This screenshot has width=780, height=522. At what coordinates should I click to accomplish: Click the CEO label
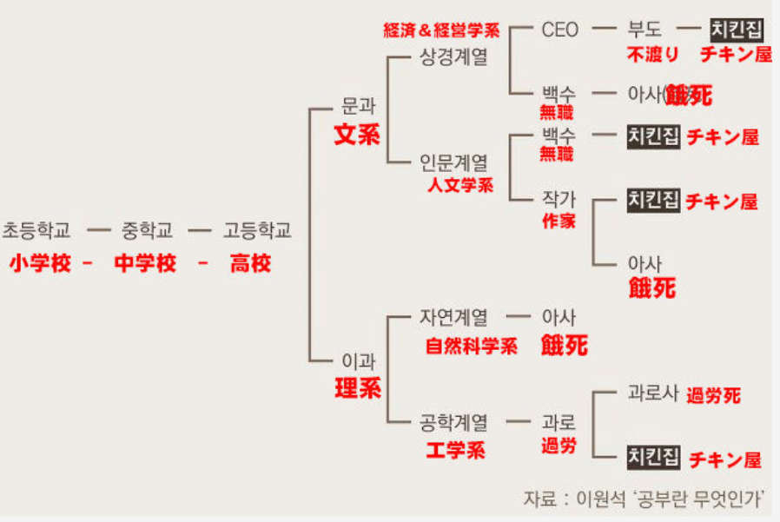coord(559,30)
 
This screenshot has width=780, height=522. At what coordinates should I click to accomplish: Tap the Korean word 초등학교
coord(36,230)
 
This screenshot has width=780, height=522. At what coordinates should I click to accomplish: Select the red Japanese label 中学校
coord(145,263)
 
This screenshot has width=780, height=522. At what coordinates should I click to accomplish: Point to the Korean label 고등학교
coord(257,230)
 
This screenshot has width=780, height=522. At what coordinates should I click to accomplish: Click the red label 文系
coord(357,135)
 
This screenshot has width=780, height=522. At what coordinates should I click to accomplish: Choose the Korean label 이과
coord(358,360)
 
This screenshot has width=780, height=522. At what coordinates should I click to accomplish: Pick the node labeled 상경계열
coord(453,56)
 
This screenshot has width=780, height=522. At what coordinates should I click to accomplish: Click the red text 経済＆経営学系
coord(441,30)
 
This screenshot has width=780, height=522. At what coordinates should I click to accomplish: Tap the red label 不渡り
coord(652,54)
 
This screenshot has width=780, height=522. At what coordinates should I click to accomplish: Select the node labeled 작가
coord(559,199)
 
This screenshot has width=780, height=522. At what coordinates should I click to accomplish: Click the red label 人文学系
coord(460,185)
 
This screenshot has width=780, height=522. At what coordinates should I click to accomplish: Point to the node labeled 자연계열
coord(453,317)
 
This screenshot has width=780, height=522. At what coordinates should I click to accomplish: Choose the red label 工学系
coord(456,450)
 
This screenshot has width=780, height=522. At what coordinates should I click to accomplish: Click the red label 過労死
coord(713,395)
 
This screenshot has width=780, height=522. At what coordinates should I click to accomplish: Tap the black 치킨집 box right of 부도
coord(737,30)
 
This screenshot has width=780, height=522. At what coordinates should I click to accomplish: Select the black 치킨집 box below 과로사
coord(653,457)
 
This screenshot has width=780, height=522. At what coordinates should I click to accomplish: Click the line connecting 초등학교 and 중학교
coord(98,230)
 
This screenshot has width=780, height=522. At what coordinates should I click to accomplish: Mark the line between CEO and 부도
coord(604,29)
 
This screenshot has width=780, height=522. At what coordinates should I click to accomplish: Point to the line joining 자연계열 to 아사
coord(519,316)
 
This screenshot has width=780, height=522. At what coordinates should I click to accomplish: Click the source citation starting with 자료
coord(644,499)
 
